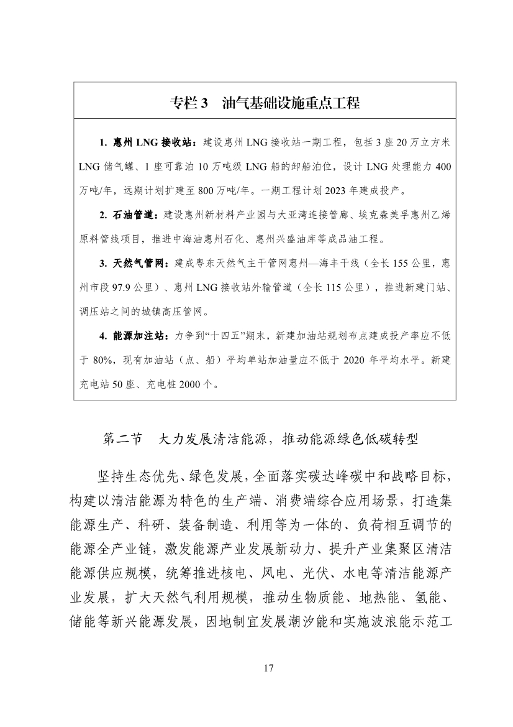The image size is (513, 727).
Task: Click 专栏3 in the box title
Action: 188,103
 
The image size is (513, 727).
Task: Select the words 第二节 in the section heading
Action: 122,439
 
